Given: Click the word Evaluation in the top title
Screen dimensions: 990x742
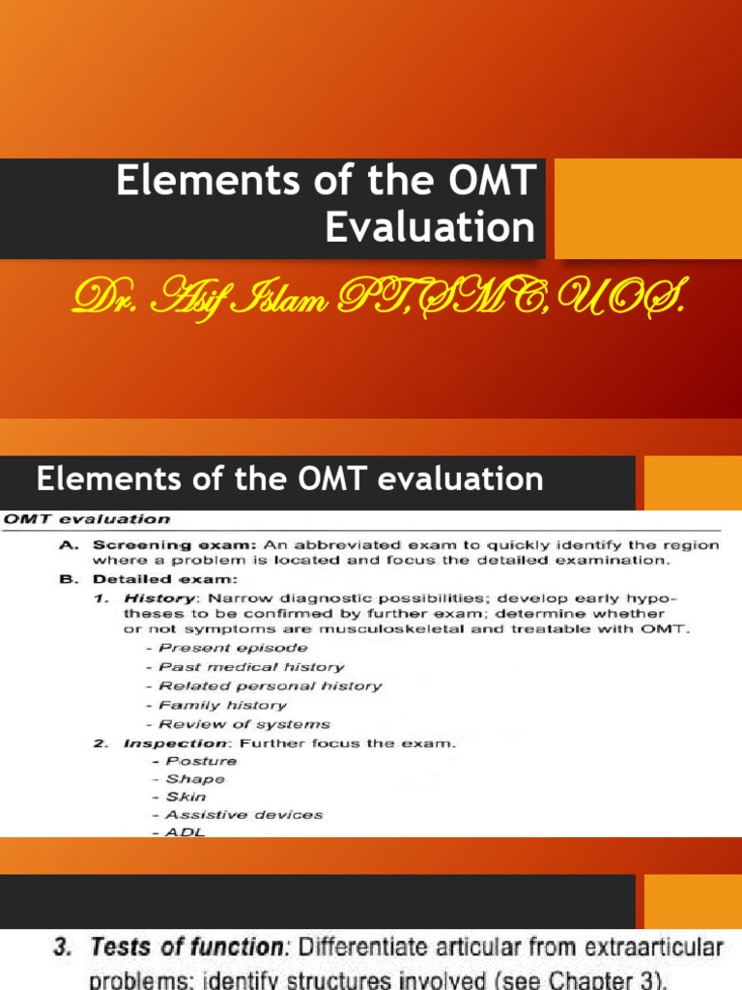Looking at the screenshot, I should (x=430, y=227).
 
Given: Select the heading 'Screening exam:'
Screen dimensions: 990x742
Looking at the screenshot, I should (x=147, y=545).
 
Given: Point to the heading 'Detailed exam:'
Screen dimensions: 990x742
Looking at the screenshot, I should (x=141, y=580).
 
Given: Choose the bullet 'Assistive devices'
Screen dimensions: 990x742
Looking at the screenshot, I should (x=243, y=814).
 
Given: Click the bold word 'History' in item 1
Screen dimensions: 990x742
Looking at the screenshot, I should (x=149, y=598).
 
